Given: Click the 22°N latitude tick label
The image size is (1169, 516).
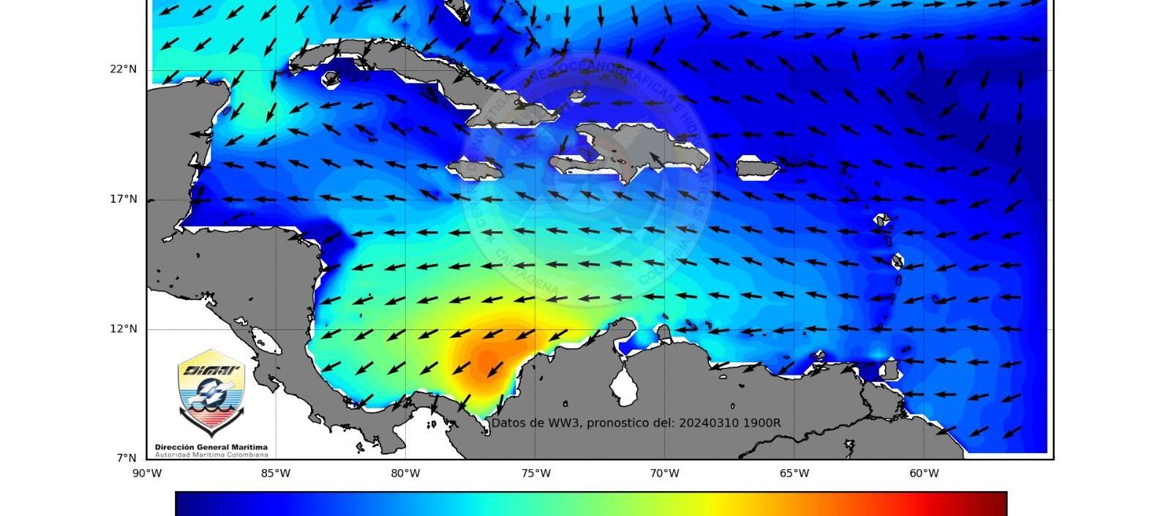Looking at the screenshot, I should click(x=124, y=70).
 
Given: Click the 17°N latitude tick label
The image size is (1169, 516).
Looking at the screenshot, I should click(x=124, y=199).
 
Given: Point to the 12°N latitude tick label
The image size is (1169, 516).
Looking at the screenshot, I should click(x=124, y=329).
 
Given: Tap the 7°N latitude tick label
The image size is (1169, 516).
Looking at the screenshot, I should click(x=127, y=458).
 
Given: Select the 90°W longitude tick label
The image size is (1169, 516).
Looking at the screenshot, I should click(x=147, y=474).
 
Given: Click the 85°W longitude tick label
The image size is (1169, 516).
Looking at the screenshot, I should click(x=276, y=474).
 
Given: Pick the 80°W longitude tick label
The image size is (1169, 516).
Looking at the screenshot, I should click(x=405, y=474).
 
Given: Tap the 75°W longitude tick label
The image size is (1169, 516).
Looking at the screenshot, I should click(x=535, y=474).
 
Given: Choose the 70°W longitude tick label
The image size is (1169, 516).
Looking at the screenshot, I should click(x=664, y=474).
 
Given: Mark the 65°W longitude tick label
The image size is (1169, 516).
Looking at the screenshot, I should click(x=794, y=474).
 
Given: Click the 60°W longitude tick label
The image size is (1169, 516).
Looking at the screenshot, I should click(x=924, y=474).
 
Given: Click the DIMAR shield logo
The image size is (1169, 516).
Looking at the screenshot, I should click(x=211, y=392).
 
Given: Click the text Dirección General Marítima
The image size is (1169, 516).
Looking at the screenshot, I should click(x=211, y=447).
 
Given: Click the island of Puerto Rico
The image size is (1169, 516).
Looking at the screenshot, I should click(x=756, y=168).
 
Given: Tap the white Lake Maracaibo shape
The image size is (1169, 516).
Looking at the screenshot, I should click(x=624, y=386).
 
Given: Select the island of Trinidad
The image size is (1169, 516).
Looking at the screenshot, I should click(x=890, y=370).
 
